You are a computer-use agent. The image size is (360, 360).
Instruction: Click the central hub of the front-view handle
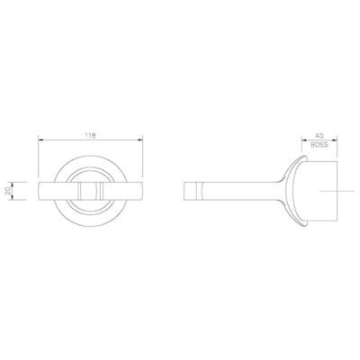tap(91, 192)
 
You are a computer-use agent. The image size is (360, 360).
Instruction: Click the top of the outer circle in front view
tap(91, 162)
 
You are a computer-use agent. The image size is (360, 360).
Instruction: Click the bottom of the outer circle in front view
tap(91, 221)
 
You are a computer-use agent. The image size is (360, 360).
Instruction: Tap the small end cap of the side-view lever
tap(189, 192)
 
